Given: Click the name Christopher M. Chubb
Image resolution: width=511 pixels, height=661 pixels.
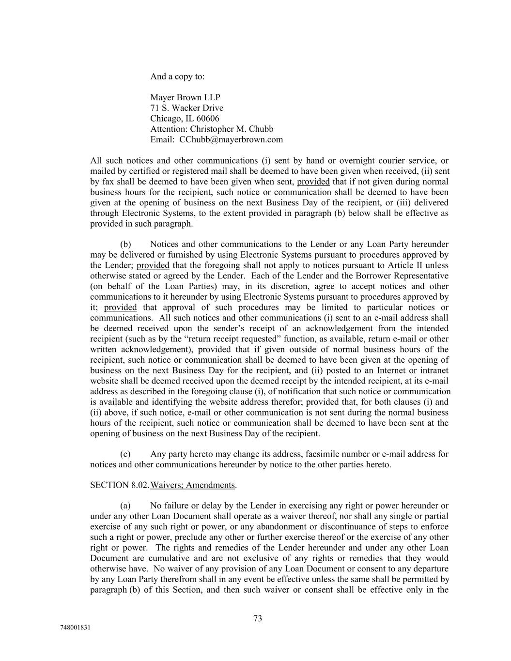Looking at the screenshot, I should [232, 129].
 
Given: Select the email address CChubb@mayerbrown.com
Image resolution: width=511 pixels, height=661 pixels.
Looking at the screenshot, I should [231, 140].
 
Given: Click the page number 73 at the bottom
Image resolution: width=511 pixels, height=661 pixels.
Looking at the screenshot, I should [258, 618].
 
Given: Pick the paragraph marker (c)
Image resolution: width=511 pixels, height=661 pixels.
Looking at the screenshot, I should [125, 454].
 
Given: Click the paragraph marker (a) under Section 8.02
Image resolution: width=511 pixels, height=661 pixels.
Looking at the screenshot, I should [125, 506].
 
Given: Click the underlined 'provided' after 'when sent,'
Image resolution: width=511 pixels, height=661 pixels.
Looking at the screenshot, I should [313, 182].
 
